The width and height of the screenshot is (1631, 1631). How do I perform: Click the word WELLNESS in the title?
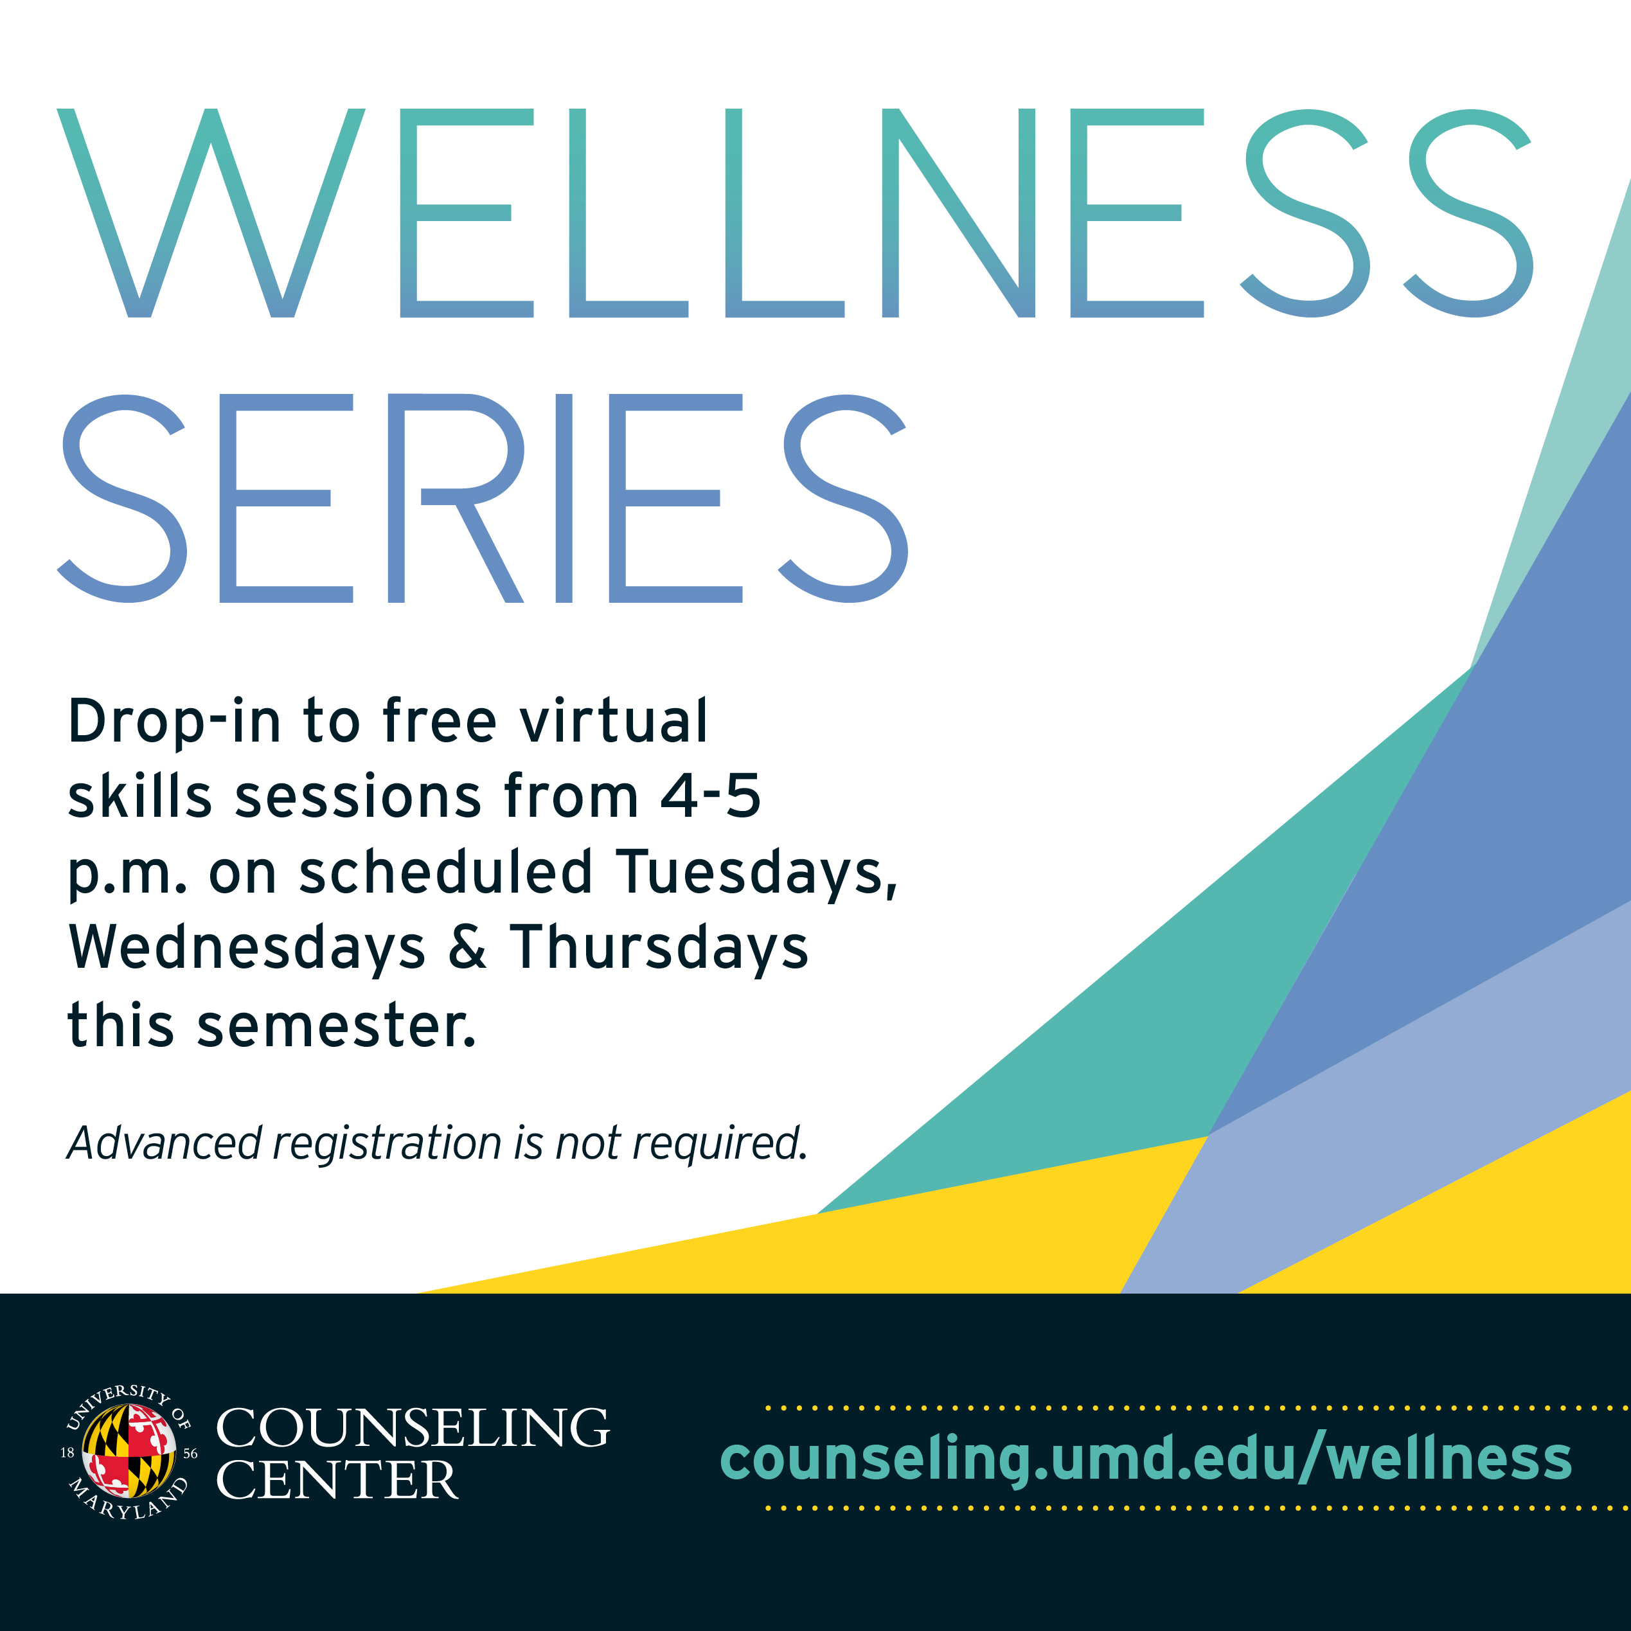click(x=794, y=213)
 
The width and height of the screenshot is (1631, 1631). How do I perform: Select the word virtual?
click(x=614, y=722)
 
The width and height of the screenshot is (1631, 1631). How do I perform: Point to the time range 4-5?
click(x=710, y=796)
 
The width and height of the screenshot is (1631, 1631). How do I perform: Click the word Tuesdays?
click(x=756, y=872)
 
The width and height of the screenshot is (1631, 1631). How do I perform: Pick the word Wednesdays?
click(x=247, y=947)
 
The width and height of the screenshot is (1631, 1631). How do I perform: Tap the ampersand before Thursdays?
click(x=467, y=947)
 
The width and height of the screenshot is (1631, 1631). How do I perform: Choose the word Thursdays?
click(x=659, y=947)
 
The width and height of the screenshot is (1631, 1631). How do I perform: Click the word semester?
click(x=336, y=1026)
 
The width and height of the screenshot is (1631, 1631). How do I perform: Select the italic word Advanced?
click(x=165, y=1143)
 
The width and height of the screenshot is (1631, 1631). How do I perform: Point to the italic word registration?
click(x=388, y=1145)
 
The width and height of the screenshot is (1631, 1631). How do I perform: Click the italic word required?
click(x=720, y=1145)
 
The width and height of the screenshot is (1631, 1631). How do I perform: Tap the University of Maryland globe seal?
click(x=129, y=1453)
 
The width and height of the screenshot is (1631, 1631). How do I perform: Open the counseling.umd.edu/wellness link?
click(x=1146, y=1459)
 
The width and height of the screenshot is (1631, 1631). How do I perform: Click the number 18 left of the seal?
click(x=67, y=1453)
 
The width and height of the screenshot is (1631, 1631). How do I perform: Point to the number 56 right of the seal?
click(x=190, y=1454)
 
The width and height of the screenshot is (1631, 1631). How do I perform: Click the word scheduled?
click(x=445, y=872)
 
